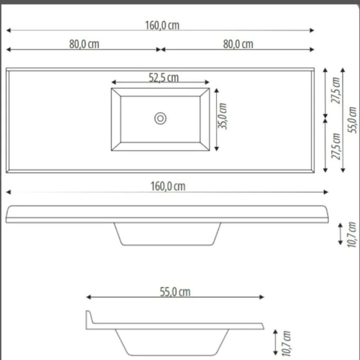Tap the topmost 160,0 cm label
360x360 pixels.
pyautogui.click(x=162, y=25)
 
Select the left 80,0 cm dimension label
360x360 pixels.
pyautogui.click(x=84, y=44)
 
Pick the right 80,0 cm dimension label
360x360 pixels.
pyautogui.click(x=238, y=44)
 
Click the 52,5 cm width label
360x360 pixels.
pyautogui.click(x=164, y=77)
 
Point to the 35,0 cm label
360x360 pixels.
pyautogui.click(x=222, y=116)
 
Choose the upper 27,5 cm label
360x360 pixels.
pyautogui.click(x=335, y=90)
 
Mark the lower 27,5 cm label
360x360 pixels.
pyautogui.click(x=335, y=146)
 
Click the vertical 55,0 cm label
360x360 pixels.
pyautogui.click(x=352, y=120)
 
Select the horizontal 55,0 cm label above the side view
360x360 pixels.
pyautogui.click(x=175, y=292)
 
